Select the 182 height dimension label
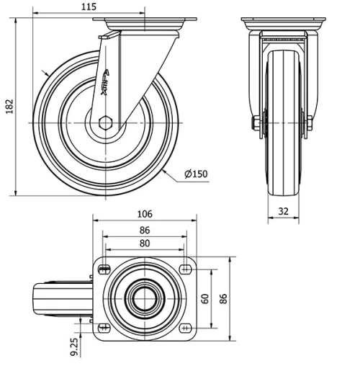(9, 104)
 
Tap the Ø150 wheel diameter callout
(196, 174)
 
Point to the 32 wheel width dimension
(284, 212)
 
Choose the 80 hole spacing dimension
(144, 244)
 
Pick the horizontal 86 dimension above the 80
(144, 231)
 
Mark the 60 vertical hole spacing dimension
(204, 298)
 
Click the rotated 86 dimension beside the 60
(222, 298)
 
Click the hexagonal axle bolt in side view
(106, 122)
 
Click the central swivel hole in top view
(144, 298)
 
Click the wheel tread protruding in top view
(61, 298)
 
